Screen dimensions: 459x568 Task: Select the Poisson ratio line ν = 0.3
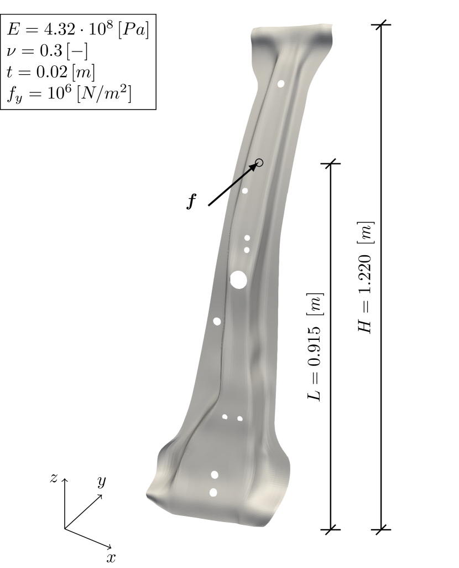[x=47, y=51]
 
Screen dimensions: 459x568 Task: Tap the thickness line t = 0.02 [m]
[x=51, y=72]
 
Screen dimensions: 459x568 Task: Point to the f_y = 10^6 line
[x=69, y=94]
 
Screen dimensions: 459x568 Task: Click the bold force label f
[x=191, y=201]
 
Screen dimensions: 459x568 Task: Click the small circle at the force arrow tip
[x=259, y=163]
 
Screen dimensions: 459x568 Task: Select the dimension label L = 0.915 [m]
[x=314, y=347]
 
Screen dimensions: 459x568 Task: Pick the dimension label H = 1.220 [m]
[x=365, y=277]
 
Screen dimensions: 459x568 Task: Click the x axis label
[x=111, y=557]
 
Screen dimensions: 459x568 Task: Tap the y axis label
[x=102, y=482]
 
